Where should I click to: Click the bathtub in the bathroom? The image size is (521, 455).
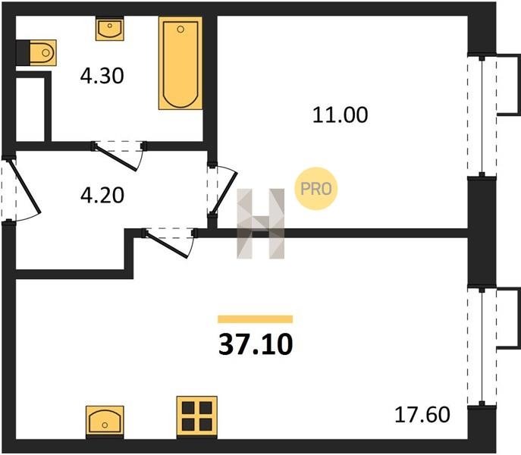pos(180,63)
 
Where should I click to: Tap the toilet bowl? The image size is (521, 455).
pos(42,52)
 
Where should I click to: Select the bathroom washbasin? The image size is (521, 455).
pos(110,30)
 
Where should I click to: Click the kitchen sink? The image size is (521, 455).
pos(105,420)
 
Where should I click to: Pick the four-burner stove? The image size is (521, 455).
pos(196,416)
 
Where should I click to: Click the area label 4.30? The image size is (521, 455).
pos(102,76)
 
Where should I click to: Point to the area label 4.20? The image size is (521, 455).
pos(102,195)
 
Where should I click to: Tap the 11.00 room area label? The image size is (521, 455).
pos(341,115)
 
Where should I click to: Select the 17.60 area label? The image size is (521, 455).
pos(422,415)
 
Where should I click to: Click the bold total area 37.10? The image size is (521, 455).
pos(256,344)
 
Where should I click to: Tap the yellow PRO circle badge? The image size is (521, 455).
pos(316,189)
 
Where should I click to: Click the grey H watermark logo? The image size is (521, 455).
pos(261,224)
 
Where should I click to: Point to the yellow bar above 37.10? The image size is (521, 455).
pos(255,319)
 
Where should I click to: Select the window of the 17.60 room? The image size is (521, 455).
pos(482,346)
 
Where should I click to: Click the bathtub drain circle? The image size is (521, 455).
pos(180,30)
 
